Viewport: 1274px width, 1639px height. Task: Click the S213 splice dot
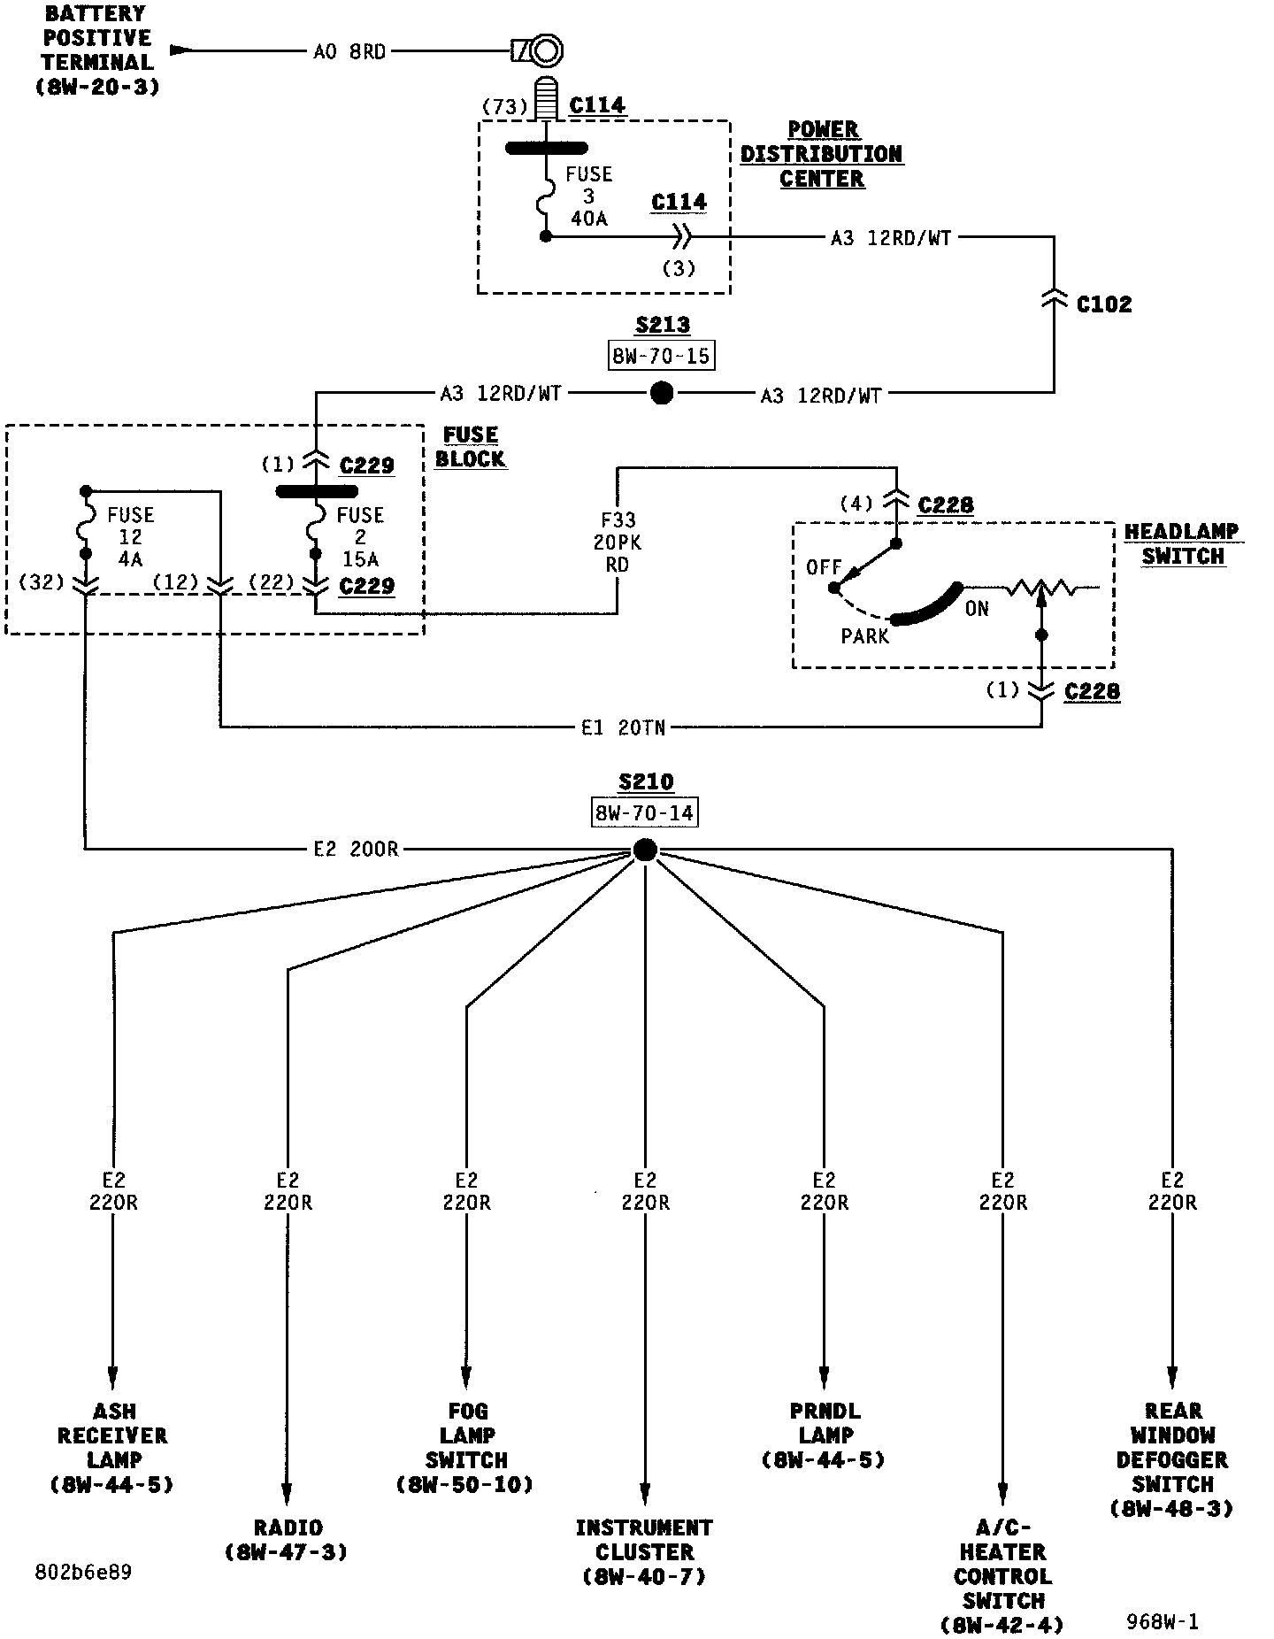[662, 393]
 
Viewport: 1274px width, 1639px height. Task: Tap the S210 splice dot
[645, 850]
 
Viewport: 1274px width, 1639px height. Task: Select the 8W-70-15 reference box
[662, 356]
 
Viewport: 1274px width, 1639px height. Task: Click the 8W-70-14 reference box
[644, 813]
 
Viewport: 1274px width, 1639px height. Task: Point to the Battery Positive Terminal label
[98, 50]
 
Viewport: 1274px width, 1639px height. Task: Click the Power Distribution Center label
[822, 154]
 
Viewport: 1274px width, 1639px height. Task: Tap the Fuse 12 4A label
[130, 537]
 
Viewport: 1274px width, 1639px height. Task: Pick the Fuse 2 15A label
[360, 537]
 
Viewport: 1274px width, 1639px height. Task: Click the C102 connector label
[1104, 304]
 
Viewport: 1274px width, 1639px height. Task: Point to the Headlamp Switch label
[1182, 544]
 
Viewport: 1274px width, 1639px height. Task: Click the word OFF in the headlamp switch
[824, 567]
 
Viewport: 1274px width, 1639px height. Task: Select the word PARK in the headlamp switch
[864, 636]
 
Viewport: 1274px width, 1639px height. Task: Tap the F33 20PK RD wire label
[618, 542]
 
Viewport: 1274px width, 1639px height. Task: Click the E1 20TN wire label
[623, 728]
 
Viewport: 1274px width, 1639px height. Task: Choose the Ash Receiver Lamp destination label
[113, 1448]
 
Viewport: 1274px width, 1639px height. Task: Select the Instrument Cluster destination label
[645, 1552]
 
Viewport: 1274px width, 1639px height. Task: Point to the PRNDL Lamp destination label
[825, 1435]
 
